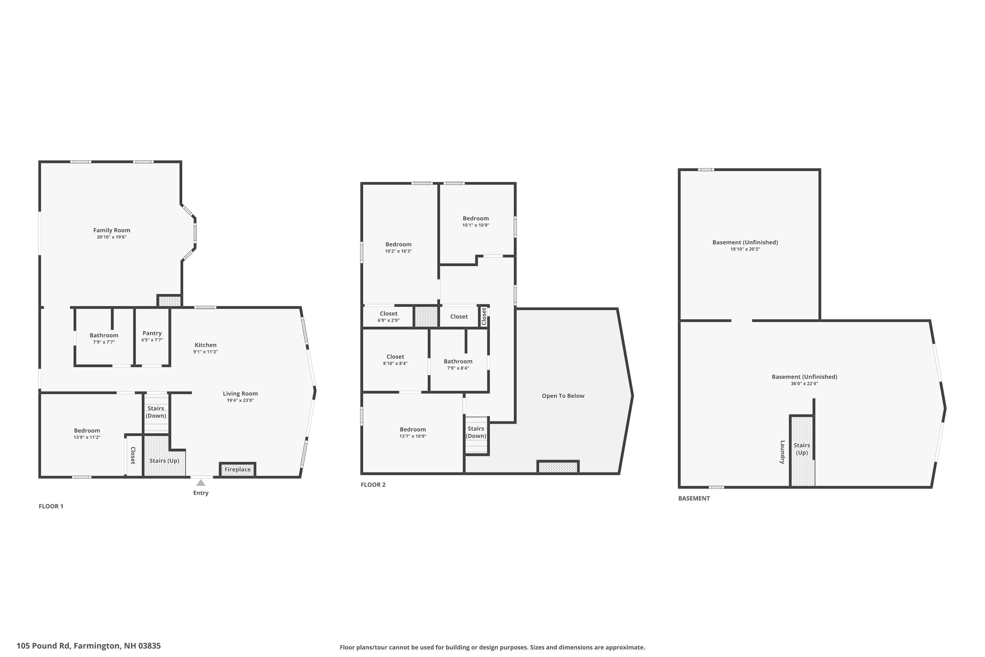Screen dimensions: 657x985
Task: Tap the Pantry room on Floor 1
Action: point(152,336)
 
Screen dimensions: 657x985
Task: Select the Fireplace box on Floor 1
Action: point(237,469)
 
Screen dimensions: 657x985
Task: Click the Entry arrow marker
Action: point(201,483)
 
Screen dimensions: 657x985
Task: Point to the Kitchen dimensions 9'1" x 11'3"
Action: point(205,352)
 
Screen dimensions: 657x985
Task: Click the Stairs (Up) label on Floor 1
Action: point(164,461)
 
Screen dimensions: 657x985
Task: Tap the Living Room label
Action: point(240,394)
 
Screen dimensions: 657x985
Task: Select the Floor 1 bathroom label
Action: point(104,335)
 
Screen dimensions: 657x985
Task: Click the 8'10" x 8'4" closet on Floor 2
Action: point(395,360)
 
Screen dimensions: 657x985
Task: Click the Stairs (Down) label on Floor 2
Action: point(476,432)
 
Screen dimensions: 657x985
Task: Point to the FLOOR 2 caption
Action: point(373,485)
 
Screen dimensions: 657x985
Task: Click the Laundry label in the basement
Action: point(782,452)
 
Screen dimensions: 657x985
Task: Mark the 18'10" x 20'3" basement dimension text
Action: point(745,249)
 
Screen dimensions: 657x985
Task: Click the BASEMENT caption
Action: point(694,498)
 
